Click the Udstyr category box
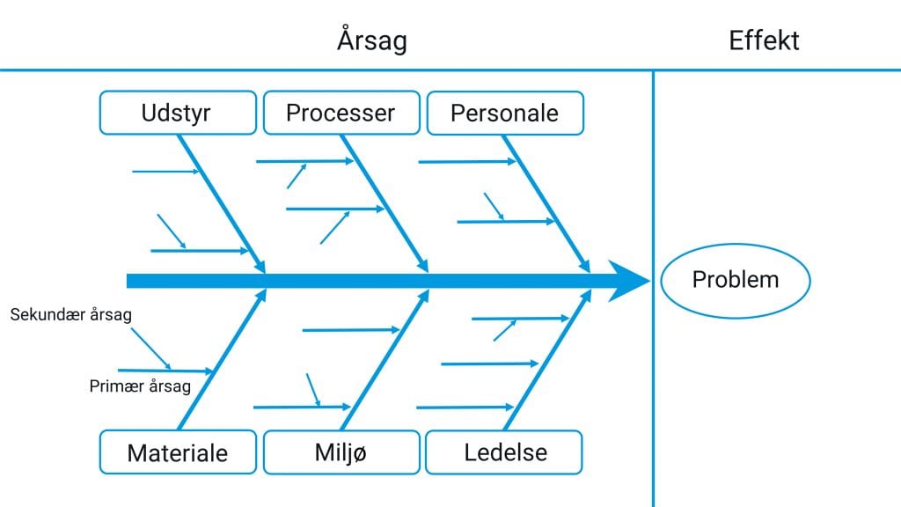click(178, 113)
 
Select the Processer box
click(341, 113)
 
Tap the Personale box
click(505, 114)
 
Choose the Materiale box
click(178, 452)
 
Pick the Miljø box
click(341, 452)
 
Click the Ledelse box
click(504, 452)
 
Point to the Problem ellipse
click(736, 281)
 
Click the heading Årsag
click(372, 40)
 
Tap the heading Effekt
click(764, 40)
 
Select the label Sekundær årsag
click(70, 314)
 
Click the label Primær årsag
click(140, 386)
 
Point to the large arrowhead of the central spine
click(628, 281)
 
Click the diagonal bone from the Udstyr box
click(222, 204)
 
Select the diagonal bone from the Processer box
click(385, 203)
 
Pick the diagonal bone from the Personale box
click(546, 204)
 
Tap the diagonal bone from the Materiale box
click(223, 359)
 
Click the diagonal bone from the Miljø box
click(385, 359)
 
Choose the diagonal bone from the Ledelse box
click(547, 359)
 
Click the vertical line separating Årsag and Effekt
click(654, 289)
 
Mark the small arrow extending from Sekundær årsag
click(150, 349)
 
